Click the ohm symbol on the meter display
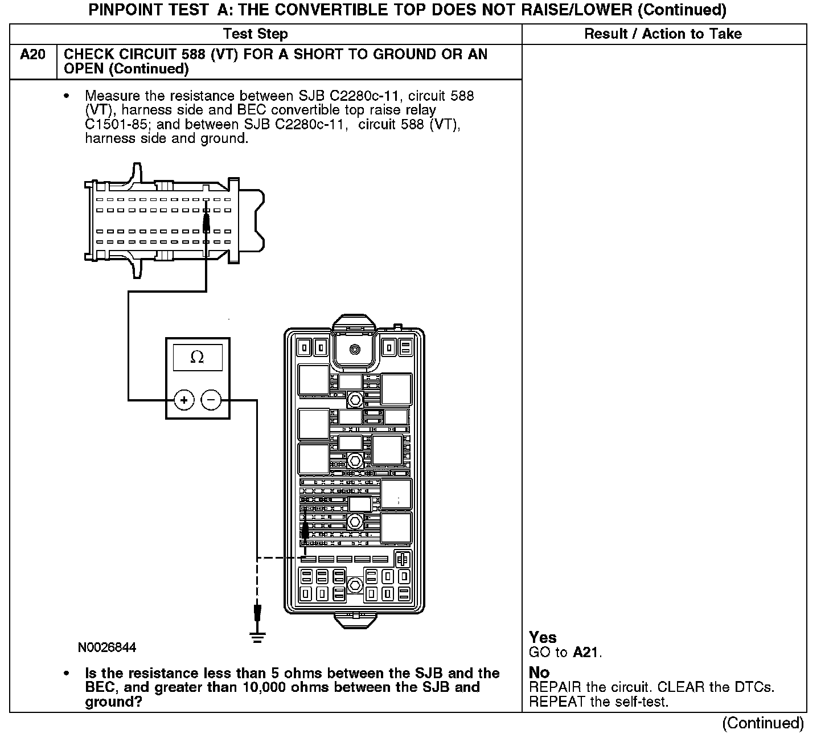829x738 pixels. pyautogui.click(x=197, y=357)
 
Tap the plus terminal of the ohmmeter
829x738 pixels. pyautogui.click(x=183, y=400)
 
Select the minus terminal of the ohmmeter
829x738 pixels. pyautogui.click(x=211, y=400)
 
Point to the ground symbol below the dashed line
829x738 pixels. pyautogui.click(x=258, y=636)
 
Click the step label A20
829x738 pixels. pyautogui.click(x=32, y=55)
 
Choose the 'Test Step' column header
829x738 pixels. pyautogui.click(x=256, y=34)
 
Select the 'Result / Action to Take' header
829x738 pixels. pyautogui.click(x=663, y=34)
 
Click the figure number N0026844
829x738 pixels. pyautogui.click(x=107, y=648)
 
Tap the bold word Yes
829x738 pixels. pyautogui.click(x=543, y=637)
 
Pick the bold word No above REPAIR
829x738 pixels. pyautogui.click(x=539, y=673)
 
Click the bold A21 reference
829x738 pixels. pyautogui.click(x=586, y=653)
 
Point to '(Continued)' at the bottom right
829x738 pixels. pyautogui.click(x=763, y=723)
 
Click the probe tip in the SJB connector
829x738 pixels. pyautogui.click(x=206, y=217)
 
